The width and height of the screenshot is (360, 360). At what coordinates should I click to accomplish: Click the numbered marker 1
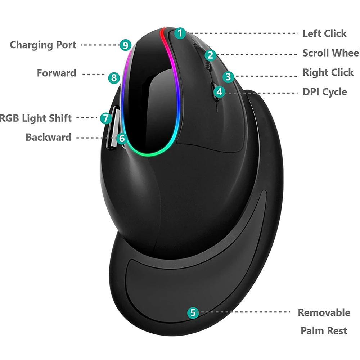180,33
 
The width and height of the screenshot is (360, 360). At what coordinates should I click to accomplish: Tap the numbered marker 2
211,55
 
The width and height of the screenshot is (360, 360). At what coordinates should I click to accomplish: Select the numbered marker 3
228,76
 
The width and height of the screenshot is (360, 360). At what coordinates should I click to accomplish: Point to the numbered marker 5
193,312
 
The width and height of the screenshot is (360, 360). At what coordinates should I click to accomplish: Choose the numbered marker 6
122,138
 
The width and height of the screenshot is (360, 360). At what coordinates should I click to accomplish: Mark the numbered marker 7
105,117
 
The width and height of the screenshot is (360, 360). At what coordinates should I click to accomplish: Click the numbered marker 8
114,77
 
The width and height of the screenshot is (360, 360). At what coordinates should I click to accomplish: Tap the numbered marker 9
125,45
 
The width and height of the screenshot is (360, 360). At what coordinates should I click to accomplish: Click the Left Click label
324,33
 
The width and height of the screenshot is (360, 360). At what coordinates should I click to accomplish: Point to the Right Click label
328,72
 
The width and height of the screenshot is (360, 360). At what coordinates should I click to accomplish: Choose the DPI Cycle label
324,92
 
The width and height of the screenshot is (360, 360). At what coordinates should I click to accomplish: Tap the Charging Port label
43,45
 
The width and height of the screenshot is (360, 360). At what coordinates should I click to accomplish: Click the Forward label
57,73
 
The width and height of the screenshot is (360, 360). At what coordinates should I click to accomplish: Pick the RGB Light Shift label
36,118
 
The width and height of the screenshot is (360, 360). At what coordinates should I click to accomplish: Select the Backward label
48,137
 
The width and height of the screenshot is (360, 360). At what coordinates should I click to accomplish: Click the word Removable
324,312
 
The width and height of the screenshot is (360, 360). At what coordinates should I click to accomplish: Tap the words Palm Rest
324,330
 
